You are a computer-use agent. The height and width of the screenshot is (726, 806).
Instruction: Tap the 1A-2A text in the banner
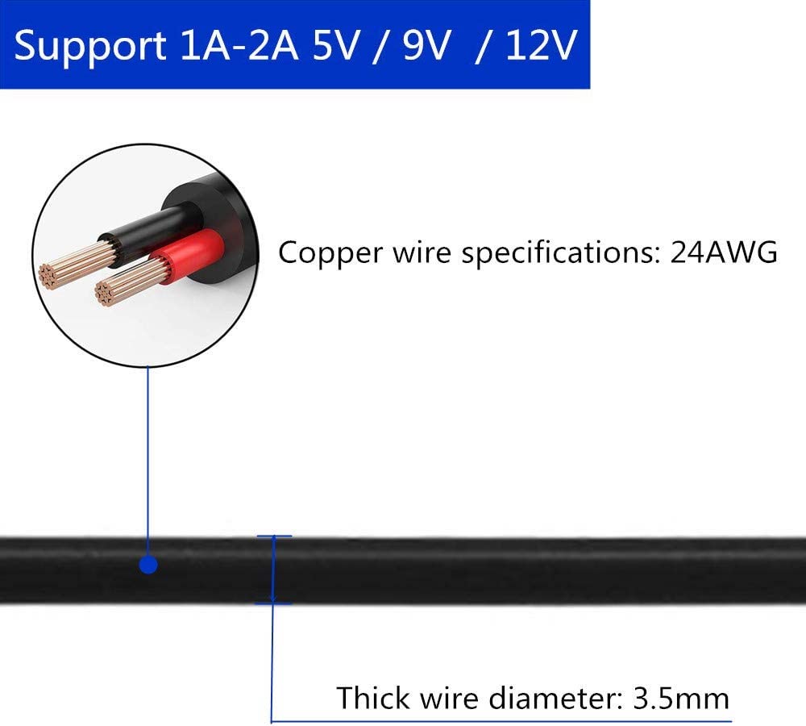[239, 45]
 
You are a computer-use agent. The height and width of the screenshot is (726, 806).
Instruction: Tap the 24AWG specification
[724, 252]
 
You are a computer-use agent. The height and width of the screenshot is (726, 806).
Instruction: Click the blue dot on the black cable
[148, 565]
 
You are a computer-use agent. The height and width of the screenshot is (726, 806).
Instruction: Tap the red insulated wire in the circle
[188, 256]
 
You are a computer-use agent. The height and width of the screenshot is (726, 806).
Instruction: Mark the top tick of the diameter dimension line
[274, 536]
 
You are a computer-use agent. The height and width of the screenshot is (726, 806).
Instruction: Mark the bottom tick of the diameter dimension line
[273, 603]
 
